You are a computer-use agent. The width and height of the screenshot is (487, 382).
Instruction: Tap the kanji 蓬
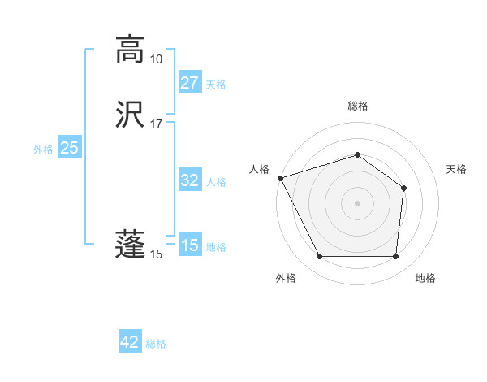(x=131, y=245)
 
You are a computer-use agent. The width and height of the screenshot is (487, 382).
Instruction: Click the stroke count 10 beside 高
(x=156, y=59)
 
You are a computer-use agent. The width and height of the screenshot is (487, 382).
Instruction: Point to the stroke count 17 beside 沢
(x=156, y=124)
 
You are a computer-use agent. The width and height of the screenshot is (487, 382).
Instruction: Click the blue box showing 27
(x=189, y=83)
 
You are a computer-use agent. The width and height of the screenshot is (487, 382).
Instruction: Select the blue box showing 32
(x=189, y=180)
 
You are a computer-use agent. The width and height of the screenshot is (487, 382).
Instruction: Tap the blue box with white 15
(x=189, y=245)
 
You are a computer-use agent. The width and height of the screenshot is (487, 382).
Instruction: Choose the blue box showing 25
(x=69, y=148)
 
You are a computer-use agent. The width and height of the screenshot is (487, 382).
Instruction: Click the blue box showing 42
(x=130, y=342)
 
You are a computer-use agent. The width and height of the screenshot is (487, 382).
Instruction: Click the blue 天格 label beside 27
(x=216, y=84)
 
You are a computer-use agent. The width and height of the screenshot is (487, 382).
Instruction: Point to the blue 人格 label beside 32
(x=216, y=181)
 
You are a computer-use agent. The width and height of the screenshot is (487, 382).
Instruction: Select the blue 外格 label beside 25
(x=43, y=149)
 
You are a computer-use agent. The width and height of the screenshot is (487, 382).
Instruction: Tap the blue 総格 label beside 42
(x=156, y=344)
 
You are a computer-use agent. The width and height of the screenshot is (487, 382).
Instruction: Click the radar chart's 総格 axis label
(x=358, y=106)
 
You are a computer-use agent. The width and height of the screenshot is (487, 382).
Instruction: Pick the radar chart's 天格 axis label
(x=457, y=169)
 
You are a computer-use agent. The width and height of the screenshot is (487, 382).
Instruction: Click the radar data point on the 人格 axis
(x=280, y=178)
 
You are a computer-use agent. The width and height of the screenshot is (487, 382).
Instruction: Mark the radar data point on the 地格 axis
(x=395, y=257)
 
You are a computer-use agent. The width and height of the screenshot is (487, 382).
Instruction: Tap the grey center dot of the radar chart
(x=357, y=202)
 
